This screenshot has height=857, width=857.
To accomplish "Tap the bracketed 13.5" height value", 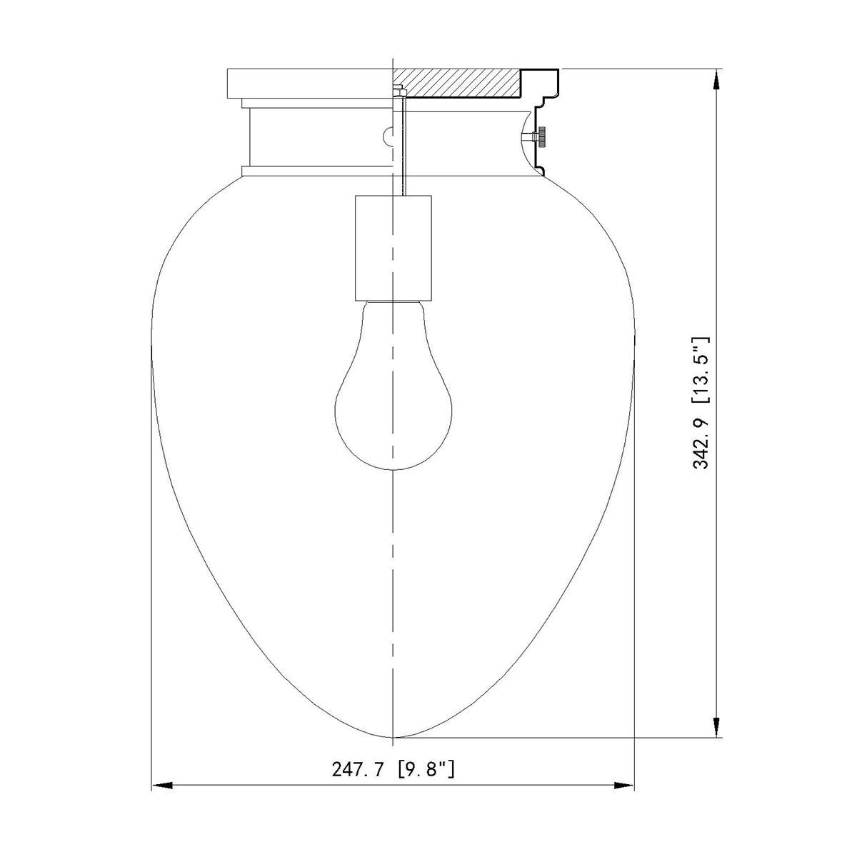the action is coord(701,370).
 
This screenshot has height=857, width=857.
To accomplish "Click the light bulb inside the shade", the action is coord(393,385).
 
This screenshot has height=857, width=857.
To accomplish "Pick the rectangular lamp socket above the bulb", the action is coord(393,248).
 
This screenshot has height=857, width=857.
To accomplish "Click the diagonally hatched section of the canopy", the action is coord(457,83).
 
